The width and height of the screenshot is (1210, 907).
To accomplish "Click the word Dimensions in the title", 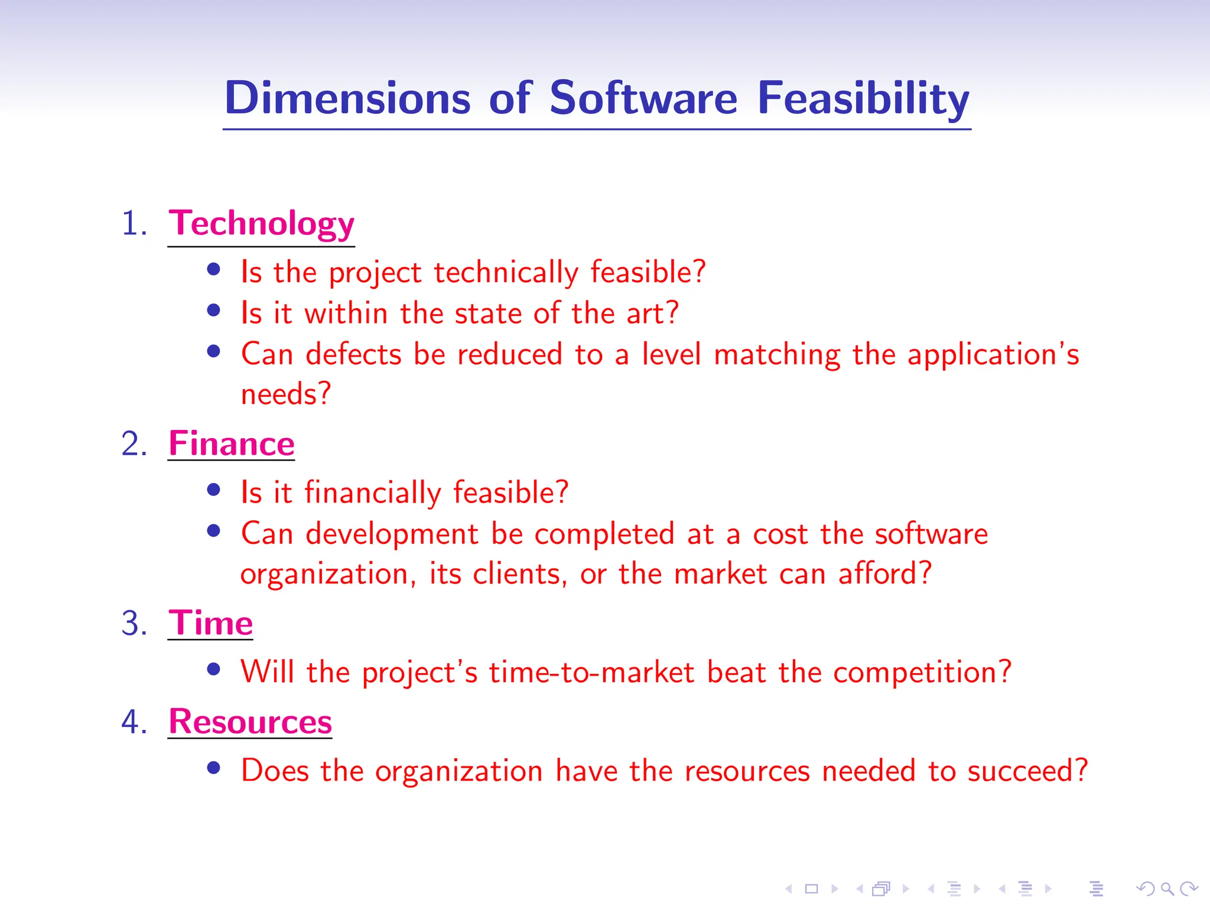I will click(x=347, y=98).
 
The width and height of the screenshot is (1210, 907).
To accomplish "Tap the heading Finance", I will click(x=231, y=443).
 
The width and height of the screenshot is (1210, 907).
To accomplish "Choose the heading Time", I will click(x=210, y=623).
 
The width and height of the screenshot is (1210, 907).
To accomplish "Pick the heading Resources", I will click(x=250, y=722).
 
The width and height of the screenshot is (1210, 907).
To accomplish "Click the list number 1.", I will click(x=134, y=224).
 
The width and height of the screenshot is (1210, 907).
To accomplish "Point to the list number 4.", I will click(x=134, y=722).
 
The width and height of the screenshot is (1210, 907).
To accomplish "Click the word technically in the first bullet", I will click(x=506, y=272).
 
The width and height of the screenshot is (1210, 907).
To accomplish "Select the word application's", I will click(x=993, y=354).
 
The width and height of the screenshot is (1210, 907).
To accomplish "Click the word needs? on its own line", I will click(x=286, y=394).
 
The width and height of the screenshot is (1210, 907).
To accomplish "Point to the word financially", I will click(x=372, y=492).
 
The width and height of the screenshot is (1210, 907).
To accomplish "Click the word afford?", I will click(x=884, y=573).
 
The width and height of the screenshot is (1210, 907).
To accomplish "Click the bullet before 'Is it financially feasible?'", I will click(x=214, y=490).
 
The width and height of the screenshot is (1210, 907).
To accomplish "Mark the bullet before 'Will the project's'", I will click(x=214, y=669).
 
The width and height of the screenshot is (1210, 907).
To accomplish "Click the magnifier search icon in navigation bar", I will click(x=1167, y=888).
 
